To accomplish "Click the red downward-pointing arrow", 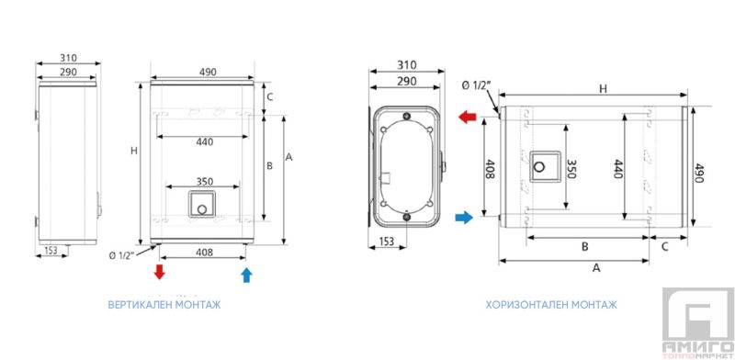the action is click(160, 272).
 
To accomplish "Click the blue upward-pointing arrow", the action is click(246, 275).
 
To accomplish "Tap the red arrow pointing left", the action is click(467, 117).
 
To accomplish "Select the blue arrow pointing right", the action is click(464, 217).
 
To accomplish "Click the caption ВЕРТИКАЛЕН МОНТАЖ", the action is click(164, 305).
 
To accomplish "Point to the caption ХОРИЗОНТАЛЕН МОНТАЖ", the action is click(551, 305).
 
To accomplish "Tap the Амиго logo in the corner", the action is click(698, 323).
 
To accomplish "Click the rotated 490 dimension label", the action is click(699, 174).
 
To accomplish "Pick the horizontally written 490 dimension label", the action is click(208, 72).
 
